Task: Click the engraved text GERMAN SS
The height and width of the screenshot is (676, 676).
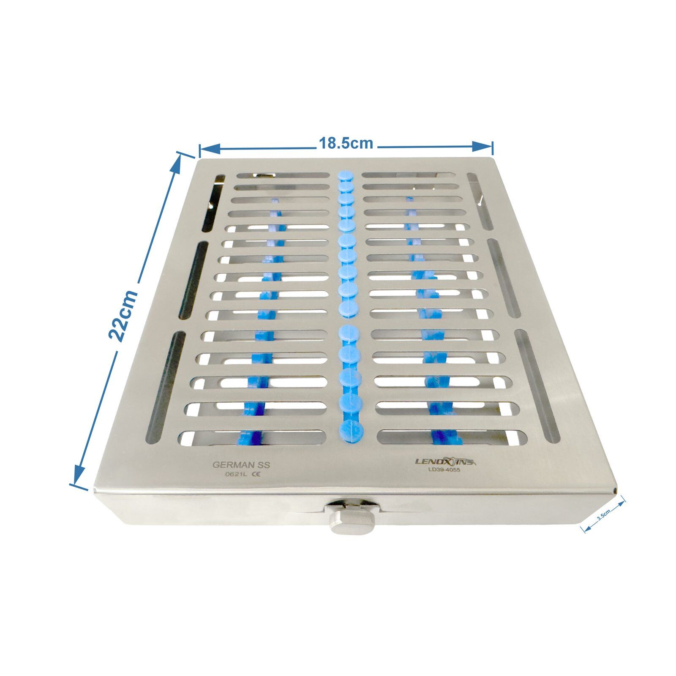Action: (241, 464)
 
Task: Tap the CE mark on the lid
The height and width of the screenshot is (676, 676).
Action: (256, 474)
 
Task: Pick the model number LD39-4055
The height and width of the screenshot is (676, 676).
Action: (443, 470)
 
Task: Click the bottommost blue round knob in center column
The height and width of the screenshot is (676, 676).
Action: (350, 431)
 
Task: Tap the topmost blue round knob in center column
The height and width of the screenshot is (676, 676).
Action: (345, 176)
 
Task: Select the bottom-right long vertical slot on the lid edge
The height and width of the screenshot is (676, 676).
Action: (537, 385)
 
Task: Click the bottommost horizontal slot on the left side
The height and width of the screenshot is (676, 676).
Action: (253, 438)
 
